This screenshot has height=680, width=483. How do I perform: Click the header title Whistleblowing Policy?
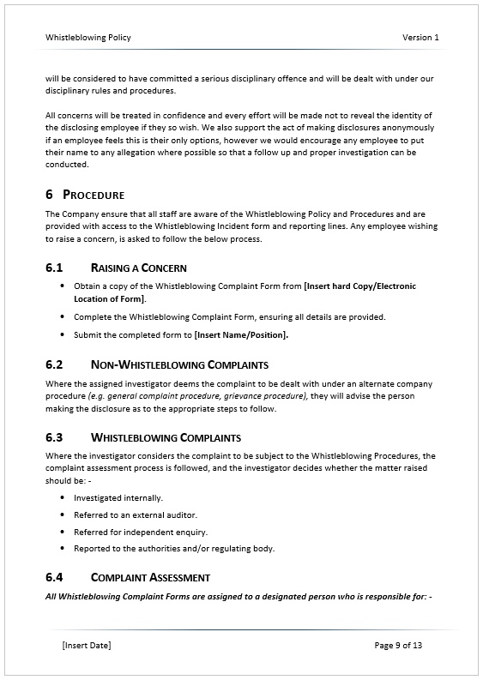[88, 38]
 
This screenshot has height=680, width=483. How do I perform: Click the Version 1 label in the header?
[420, 38]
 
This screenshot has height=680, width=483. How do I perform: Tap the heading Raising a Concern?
[138, 268]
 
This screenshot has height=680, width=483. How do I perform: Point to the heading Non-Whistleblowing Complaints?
[179, 364]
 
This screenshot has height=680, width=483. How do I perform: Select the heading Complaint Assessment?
[150, 577]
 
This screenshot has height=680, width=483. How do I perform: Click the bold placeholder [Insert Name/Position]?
[241, 334]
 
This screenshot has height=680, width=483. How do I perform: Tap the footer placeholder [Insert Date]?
[87, 645]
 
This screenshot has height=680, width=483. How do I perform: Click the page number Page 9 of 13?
[398, 645]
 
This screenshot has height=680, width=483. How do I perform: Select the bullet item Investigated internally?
[118, 497]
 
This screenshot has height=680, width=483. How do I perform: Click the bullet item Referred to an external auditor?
[136, 515]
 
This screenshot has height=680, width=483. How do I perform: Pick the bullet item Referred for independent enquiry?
[141, 532]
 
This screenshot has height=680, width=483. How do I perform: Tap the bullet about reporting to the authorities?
[174, 549]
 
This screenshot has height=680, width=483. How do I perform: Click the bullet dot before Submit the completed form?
[62, 334]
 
